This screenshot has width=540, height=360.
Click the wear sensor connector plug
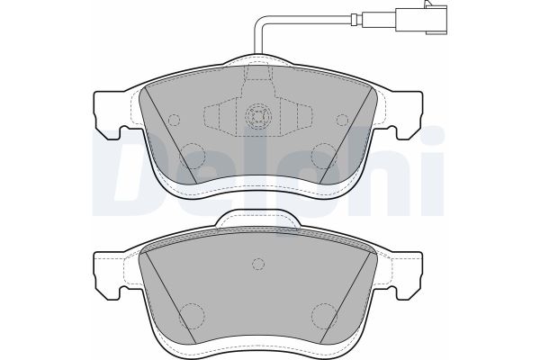tap(422, 19)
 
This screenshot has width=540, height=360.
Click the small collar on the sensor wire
tap(355, 19)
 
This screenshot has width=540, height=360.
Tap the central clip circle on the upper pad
tap(258, 116)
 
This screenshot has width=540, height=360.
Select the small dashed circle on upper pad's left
tap(175, 120)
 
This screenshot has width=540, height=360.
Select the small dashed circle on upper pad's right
tap(342, 120)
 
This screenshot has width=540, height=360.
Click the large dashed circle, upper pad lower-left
tap(193, 156)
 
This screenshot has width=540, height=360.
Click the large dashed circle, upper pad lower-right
tap(323, 156)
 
